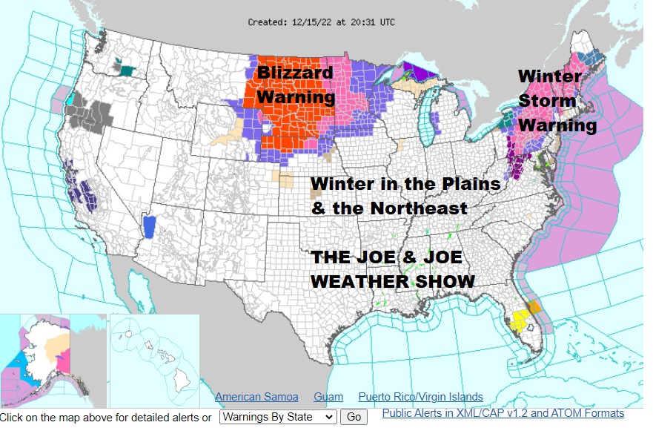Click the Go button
(354, 417)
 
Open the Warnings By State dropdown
(278, 417)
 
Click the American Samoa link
(256, 397)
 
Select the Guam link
(328, 397)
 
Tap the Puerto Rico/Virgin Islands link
(420, 397)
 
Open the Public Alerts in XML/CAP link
(503, 413)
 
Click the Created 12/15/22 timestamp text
(321, 22)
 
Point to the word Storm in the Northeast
(547, 100)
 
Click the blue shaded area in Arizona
(150, 226)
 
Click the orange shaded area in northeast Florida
(534, 306)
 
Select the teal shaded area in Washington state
(127, 70)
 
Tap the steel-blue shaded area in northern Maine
(591, 58)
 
